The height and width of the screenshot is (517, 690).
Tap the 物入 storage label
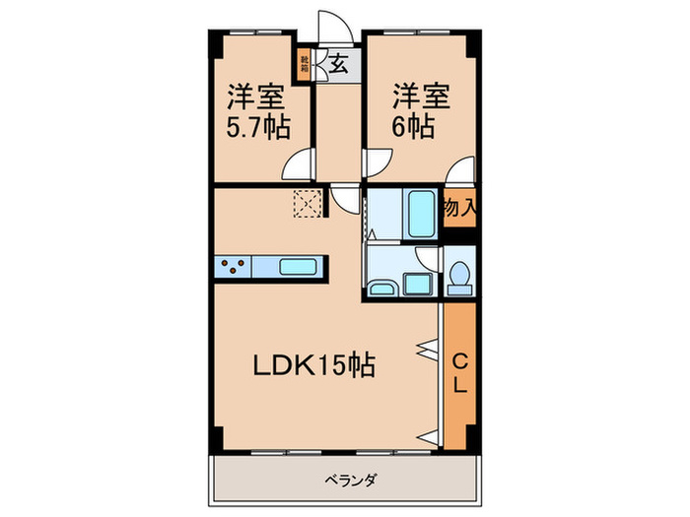(459, 208)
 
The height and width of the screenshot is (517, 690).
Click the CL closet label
(459, 374)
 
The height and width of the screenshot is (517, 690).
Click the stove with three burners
(234, 266)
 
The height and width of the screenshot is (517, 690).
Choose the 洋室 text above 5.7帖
(259, 97)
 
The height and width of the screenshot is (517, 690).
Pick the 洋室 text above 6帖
(422, 97)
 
